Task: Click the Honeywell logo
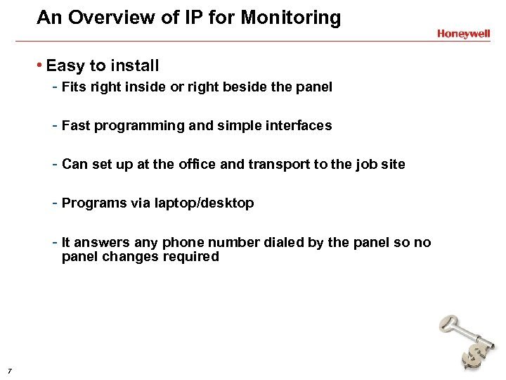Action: click(463, 33)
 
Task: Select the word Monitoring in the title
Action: click(291, 18)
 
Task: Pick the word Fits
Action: click(74, 87)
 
